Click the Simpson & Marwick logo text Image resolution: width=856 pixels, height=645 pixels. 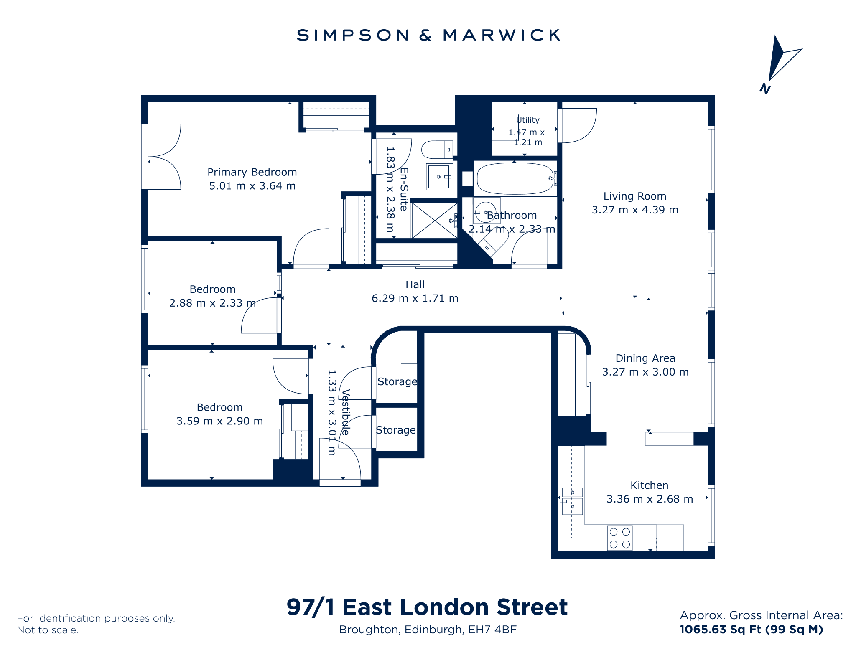pyautogui.click(x=428, y=35)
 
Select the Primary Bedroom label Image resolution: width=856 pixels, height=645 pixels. pyautogui.click(x=252, y=172)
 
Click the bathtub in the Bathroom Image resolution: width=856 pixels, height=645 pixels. pyautogui.click(x=515, y=178)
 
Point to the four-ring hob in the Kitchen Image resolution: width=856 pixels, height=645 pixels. pyautogui.click(x=620, y=538)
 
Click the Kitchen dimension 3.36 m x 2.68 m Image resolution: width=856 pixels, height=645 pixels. pyautogui.click(x=650, y=499)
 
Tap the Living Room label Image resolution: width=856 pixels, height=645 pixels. pyautogui.click(x=635, y=196)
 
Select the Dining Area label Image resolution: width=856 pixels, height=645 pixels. pyautogui.click(x=645, y=358)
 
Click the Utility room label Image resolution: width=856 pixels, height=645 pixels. pyautogui.click(x=528, y=120)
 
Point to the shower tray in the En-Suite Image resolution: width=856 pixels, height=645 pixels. pyautogui.click(x=435, y=221)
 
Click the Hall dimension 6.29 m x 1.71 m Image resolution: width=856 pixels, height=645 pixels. pyautogui.click(x=415, y=298)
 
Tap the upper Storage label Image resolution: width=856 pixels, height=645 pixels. pyautogui.click(x=397, y=381)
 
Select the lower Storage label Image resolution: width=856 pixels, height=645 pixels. pyautogui.click(x=396, y=430)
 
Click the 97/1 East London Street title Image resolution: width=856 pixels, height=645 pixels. pyautogui.click(x=427, y=607)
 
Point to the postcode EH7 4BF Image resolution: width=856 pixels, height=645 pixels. pyautogui.click(x=492, y=630)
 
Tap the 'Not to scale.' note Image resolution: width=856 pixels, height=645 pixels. pyautogui.click(x=48, y=630)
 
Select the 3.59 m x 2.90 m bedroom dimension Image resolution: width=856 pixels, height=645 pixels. pyautogui.click(x=220, y=421)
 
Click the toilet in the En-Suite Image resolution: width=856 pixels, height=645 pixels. pyautogui.click(x=437, y=150)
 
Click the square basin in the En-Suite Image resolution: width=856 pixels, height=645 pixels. pyautogui.click(x=439, y=177)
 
